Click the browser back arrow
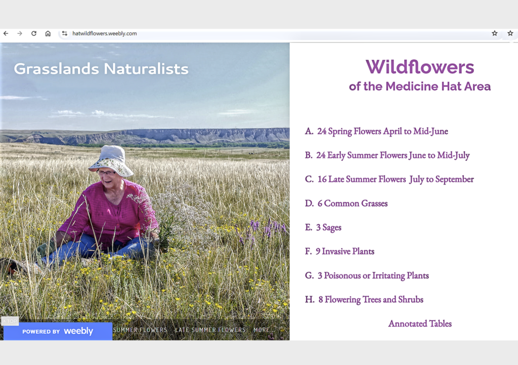pyautogui.click(x=6, y=33)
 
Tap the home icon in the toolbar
pyautogui.click(x=48, y=33)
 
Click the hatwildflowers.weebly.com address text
pyautogui.click(x=104, y=33)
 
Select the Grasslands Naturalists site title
pyautogui.click(x=101, y=69)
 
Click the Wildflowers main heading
pyautogui.click(x=420, y=67)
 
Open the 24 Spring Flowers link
pyautogui.click(x=382, y=131)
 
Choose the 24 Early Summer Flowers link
pyautogui.click(x=393, y=155)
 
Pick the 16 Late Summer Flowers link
pyautogui.click(x=396, y=179)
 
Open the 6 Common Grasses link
pyautogui.click(x=353, y=203)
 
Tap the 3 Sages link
pyautogui.click(x=329, y=227)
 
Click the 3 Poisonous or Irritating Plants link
pyautogui.click(x=373, y=276)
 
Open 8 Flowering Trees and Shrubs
pyautogui.click(x=371, y=300)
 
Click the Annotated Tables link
pyautogui.click(x=420, y=324)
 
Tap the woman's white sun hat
pyautogui.click(x=112, y=160)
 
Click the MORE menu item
pyautogui.click(x=262, y=330)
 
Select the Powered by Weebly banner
pyautogui.click(x=58, y=331)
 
